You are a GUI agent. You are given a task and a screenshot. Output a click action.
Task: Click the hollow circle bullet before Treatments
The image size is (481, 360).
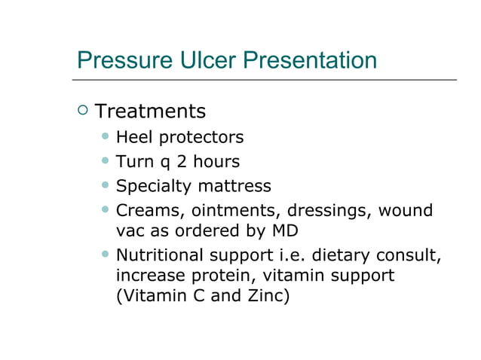(x=82, y=111)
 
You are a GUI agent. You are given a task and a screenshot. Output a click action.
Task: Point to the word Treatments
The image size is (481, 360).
(x=151, y=111)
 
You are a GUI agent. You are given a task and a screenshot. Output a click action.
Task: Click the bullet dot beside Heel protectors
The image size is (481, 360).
(x=106, y=137)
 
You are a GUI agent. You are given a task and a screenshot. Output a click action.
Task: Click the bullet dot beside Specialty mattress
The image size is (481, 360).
(x=106, y=185)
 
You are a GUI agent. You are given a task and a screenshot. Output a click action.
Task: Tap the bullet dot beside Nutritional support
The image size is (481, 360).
(x=106, y=254)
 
